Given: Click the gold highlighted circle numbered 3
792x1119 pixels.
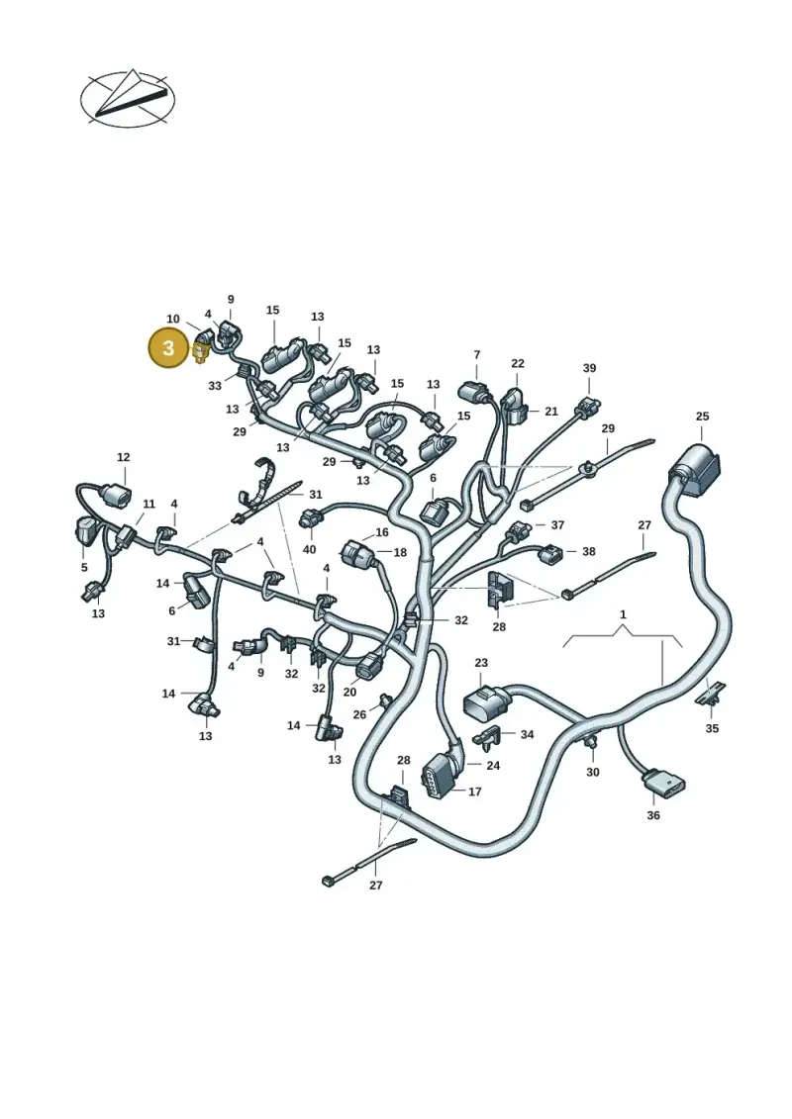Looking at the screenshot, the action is tap(168, 348).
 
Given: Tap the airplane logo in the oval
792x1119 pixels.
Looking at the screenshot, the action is tap(128, 99).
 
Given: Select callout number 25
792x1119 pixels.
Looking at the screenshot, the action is tap(702, 417).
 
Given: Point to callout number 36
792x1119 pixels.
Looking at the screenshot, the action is tap(653, 815).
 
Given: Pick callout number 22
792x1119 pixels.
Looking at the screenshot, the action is tap(518, 363).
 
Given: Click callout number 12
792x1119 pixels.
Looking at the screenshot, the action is tap(124, 457).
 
